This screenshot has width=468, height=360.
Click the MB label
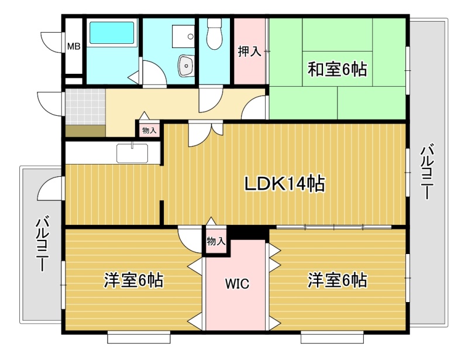74,46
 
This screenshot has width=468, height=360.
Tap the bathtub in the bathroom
112,33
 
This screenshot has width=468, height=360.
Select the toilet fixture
214,34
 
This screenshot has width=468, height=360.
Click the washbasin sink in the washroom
186,66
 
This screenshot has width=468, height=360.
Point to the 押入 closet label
250,52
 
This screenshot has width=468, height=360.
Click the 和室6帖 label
338,69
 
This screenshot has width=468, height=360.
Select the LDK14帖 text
285,183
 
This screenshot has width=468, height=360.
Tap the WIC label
238,283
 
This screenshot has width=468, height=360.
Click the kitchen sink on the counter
132,153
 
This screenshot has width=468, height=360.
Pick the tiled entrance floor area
85,107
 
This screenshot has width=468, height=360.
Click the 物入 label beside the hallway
149,131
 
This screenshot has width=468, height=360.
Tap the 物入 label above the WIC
216,241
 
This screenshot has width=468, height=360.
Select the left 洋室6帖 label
133,280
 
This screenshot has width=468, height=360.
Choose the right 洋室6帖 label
338,280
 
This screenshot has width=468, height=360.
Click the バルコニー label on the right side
427,171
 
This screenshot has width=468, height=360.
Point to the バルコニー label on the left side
42,244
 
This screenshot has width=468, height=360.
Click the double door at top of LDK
205,132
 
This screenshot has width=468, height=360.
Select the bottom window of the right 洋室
332,337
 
